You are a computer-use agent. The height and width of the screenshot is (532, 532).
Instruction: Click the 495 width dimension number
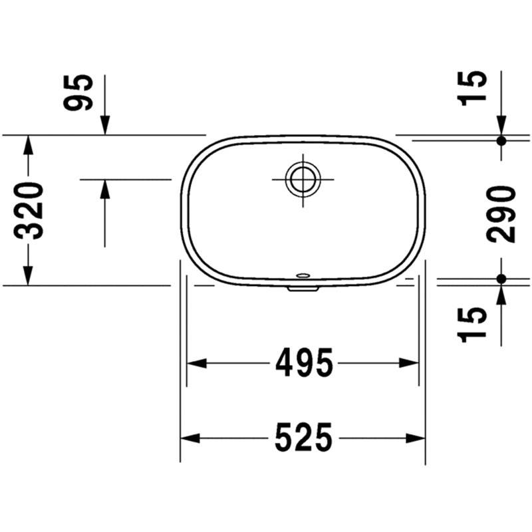304,362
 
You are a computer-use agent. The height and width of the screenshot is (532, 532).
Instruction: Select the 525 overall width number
304,438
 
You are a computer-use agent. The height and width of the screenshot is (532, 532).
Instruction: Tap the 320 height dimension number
29,211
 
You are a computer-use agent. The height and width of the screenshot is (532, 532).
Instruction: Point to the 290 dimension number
501,214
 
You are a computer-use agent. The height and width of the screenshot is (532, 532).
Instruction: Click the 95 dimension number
78,92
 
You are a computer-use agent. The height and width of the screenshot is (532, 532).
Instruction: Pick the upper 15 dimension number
472,88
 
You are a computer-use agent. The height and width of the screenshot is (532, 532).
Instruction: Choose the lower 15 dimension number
472,324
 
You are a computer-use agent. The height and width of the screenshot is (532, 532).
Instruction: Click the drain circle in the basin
303,179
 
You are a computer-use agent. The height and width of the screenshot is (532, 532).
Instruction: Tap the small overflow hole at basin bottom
303,275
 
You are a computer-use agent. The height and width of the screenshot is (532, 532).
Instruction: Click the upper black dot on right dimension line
501,140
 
